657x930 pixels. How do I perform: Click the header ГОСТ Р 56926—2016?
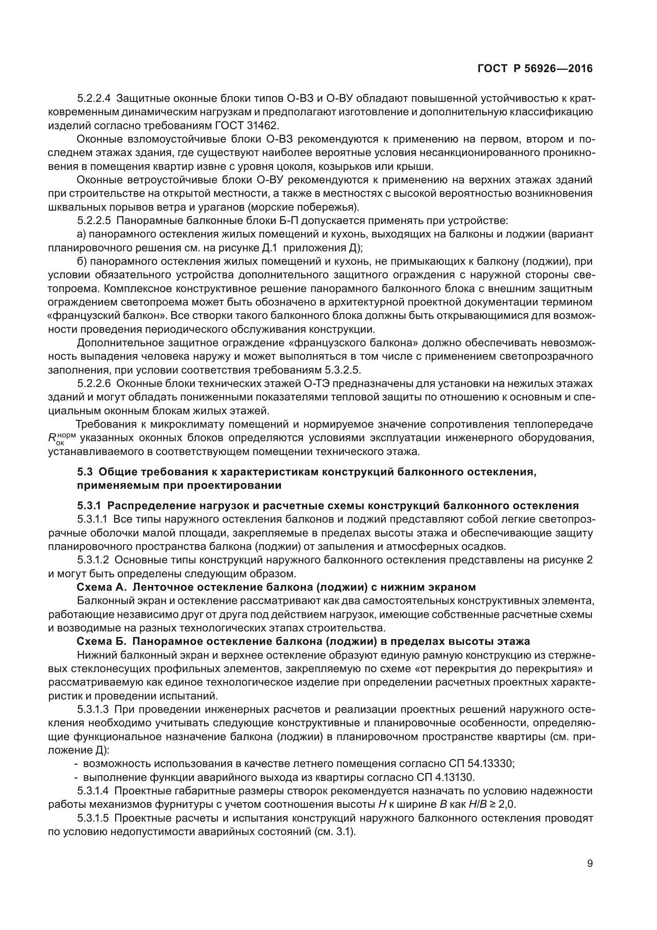[x=535, y=69]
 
